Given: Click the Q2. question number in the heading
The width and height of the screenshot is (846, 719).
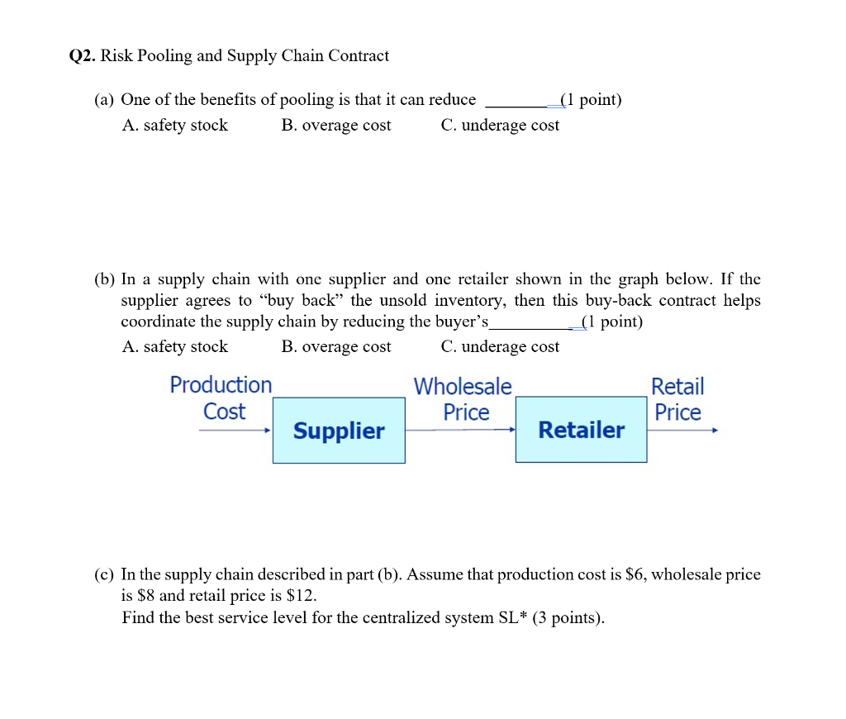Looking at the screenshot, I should coord(83,56).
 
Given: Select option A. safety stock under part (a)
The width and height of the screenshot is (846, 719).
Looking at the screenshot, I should coord(174,126).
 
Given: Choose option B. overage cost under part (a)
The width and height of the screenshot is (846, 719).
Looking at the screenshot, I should coord(335,126).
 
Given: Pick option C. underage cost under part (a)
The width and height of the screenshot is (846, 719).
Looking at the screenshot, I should coord(500,126).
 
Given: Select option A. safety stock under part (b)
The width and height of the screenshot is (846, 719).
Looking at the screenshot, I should coord(174,347).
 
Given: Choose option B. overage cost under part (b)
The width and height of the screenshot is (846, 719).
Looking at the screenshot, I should coord(335,347).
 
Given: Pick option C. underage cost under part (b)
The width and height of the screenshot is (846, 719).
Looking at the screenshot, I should coord(500,347).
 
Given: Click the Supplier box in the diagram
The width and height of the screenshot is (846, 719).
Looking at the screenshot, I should coord(339,431).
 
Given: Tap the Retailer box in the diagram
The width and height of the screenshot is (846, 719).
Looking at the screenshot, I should coord(581,430).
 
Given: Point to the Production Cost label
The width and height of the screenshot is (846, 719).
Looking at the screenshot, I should coord(221,398).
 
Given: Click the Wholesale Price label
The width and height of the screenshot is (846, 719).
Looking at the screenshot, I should coord(463,398).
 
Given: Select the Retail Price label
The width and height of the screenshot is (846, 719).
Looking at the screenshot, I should coord(677,398).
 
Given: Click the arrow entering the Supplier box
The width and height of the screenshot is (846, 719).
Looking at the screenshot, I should coord(235,430).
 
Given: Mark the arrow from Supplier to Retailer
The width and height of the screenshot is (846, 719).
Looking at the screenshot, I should coord(460,430).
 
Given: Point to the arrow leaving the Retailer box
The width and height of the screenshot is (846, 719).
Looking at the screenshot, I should coord(682,430).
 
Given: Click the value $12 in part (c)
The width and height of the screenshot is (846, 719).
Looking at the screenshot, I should coord(301,596).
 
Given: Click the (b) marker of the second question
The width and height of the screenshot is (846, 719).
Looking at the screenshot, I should coord(104,279).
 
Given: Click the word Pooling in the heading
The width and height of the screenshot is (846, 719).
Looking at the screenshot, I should coord(164,56).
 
